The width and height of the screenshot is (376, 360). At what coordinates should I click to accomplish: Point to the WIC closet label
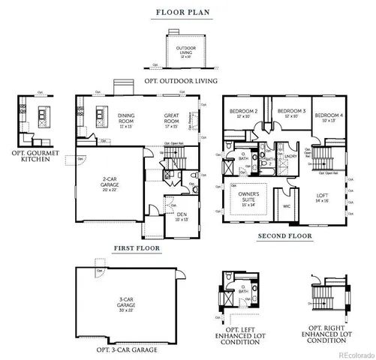click(x=286, y=205)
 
